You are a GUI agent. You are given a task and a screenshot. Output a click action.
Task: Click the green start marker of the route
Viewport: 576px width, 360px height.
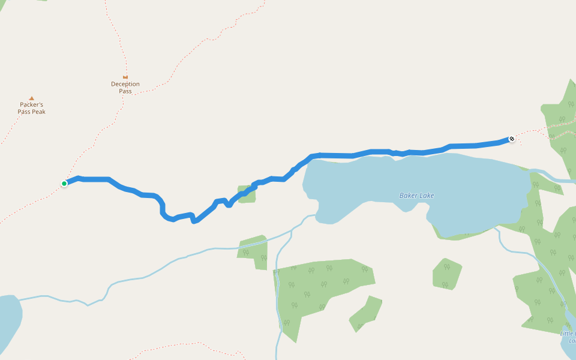click(64, 184)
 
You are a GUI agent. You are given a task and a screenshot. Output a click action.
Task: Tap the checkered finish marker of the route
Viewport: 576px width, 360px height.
click(512, 139)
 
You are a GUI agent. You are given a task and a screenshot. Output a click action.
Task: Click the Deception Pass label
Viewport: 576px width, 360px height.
click(125, 88)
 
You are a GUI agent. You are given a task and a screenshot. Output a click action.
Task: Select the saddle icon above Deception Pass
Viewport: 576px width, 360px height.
click(125, 77)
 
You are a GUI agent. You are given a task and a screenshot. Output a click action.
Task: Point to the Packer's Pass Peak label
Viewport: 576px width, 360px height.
click(32, 109)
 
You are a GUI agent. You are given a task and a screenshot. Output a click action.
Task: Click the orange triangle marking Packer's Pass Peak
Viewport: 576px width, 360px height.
click(32, 98)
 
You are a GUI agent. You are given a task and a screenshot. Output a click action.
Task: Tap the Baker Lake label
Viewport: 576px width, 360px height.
click(416, 196)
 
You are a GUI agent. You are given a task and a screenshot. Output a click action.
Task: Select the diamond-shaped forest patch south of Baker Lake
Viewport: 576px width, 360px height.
click(447, 274)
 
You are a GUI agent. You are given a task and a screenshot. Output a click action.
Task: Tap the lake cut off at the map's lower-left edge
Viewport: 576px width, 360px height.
click(9, 321)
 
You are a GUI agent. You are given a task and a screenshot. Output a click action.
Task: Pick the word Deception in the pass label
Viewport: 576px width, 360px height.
click(125, 84)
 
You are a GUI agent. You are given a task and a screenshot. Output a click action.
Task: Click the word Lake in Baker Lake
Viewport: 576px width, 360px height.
click(427, 196)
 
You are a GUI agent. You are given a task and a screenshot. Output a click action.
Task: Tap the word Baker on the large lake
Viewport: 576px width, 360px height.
click(408, 196)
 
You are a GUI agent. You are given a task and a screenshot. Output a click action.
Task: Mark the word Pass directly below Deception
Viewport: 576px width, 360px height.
click(125, 91)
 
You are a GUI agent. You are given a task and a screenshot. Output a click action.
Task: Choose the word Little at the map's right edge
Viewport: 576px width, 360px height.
click(568, 334)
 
